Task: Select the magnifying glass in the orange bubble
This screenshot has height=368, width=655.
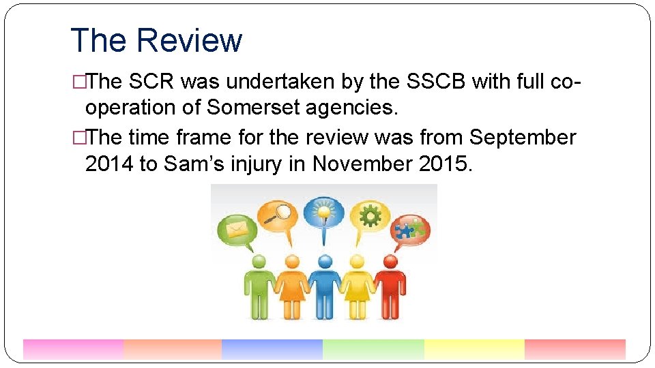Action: coord(279,213)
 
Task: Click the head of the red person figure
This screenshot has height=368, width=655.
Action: coord(390,261)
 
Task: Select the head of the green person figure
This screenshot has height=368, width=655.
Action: coord(259,261)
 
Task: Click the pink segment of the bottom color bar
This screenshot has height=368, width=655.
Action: coord(73,349)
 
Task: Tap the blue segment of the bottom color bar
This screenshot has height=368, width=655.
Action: coord(272,349)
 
